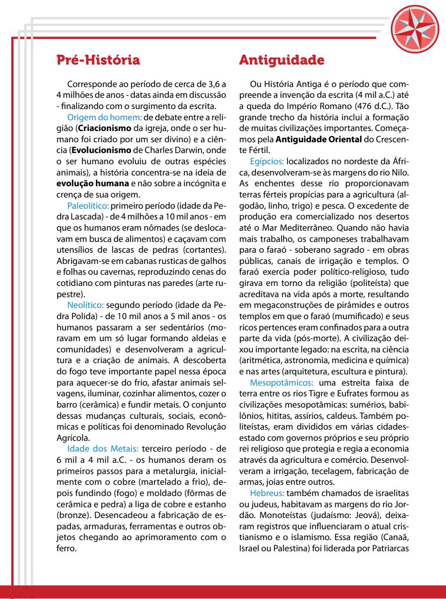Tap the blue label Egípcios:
tap(267, 161)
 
